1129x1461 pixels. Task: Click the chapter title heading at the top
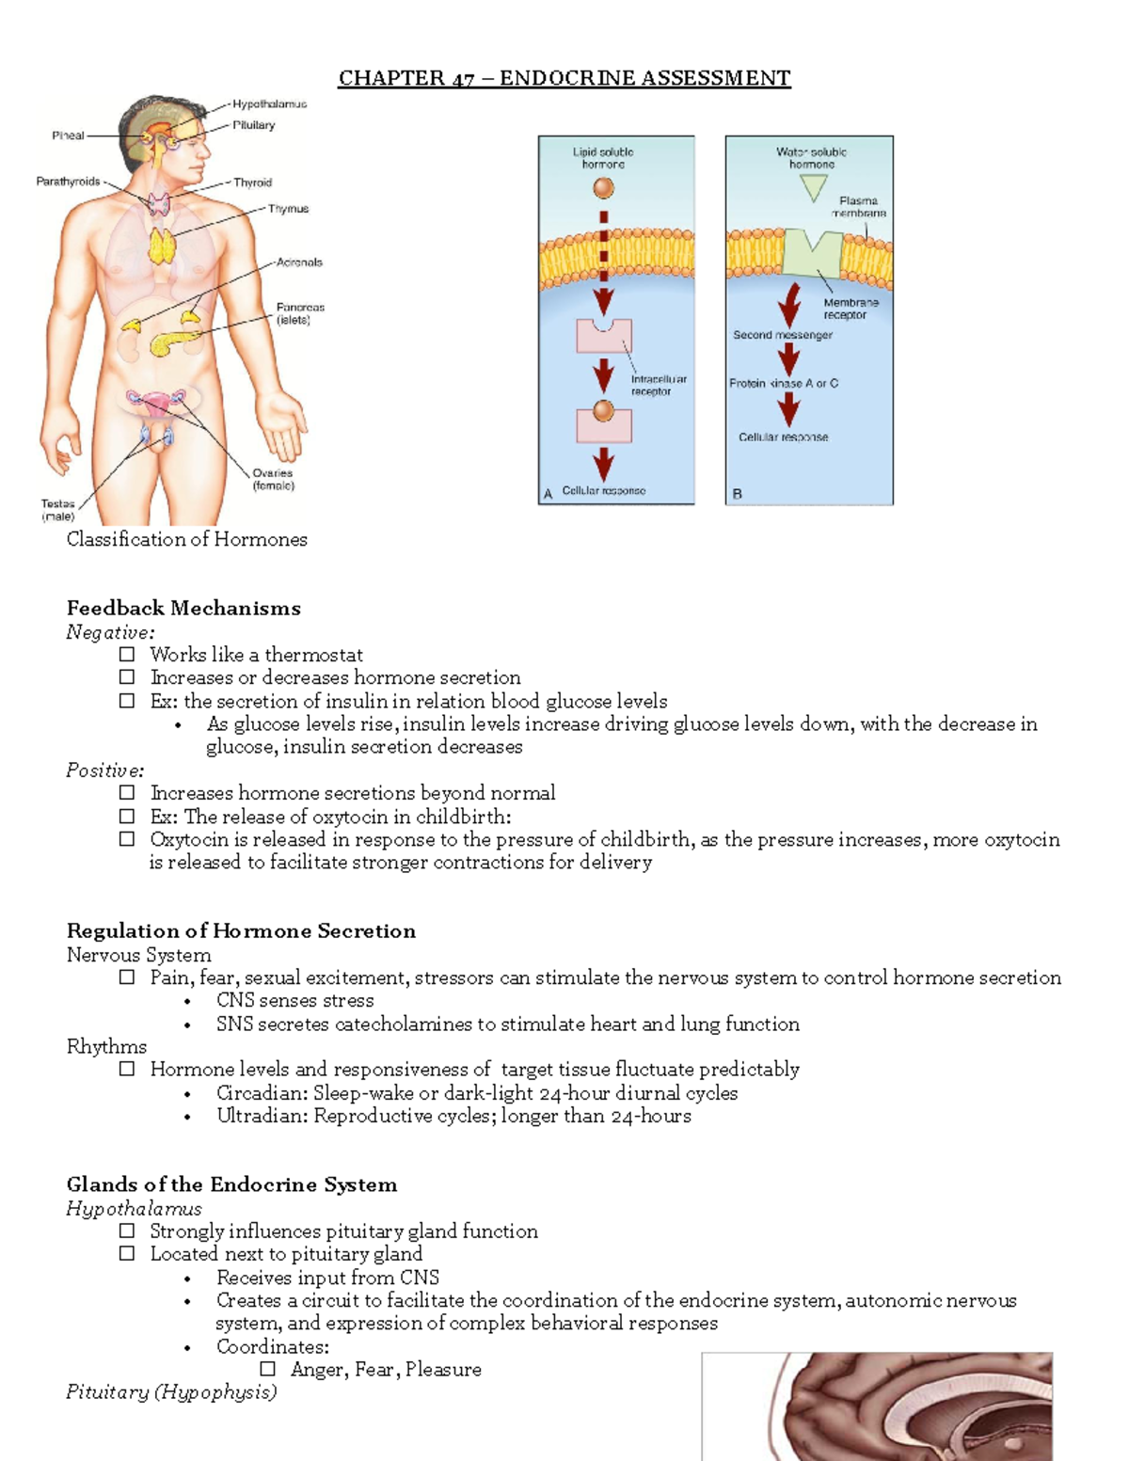tap(564, 78)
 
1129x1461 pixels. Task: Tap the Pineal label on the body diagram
tap(68, 135)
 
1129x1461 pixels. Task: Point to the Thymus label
tap(288, 209)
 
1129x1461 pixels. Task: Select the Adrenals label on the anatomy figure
tap(299, 262)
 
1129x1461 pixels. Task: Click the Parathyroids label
tap(68, 182)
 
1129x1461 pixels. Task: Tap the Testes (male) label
tap(57, 510)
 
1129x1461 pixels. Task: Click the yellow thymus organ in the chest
tap(162, 246)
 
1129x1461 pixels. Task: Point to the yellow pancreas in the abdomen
tap(175, 341)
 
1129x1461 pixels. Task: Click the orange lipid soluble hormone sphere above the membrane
tap(603, 188)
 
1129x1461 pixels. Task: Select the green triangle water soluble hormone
tap(812, 187)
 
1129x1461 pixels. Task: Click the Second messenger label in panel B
tap(783, 335)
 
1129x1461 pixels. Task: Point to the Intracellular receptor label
tap(659, 385)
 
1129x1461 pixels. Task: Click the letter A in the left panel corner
tap(548, 493)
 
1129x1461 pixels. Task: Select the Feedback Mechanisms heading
tap(183, 609)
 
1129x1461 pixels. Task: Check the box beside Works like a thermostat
tap(127, 654)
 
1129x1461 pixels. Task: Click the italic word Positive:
tap(104, 770)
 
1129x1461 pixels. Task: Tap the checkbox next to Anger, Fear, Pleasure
tap(268, 1369)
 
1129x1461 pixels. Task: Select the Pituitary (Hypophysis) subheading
tap(171, 1392)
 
